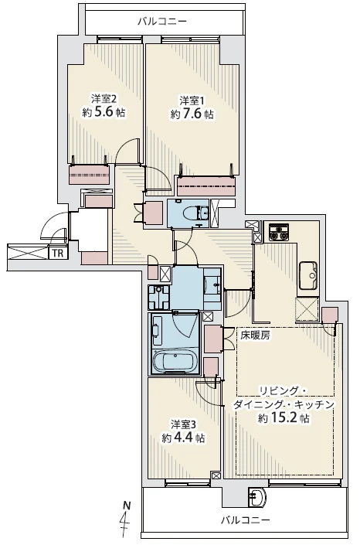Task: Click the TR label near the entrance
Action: (x=58, y=254)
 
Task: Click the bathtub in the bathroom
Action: (x=175, y=362)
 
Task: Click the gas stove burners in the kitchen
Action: (x=278, y=233)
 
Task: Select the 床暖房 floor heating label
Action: (x=256, y=335)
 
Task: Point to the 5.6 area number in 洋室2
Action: (x=104, y=112)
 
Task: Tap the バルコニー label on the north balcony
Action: (x=162, y=22)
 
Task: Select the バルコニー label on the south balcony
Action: (x=246, y=520)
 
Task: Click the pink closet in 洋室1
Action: (x=206, y=187)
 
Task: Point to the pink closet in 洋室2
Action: (x=90, y=175)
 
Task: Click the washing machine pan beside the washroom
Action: (x=159, y=297)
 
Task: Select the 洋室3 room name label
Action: (x=184, y=424)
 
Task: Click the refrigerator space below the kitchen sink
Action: (x=307, y=309)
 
